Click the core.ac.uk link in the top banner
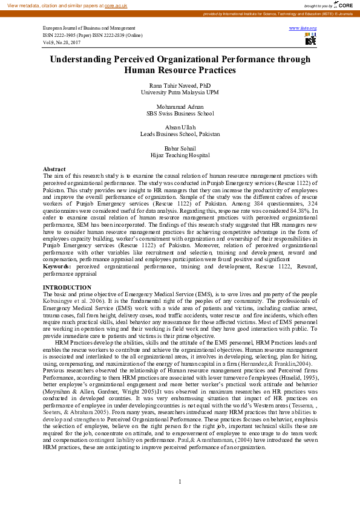tap(116, 5)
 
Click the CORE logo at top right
tap(343, 5)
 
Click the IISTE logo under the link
tap(310, 39)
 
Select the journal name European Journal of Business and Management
tap(89, 28)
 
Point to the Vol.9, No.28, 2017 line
tap(62, 43)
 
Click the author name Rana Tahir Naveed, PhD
tap(180, 86)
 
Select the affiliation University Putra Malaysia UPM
tap(180, 92)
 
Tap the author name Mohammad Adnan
tap(180, 106)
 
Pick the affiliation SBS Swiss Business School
tap(180, 113)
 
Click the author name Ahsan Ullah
tap(180, 127)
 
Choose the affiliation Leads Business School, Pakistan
tap(180, 134)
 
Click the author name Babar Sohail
tap(180, 148)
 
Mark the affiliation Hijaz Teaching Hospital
tap(180, 155)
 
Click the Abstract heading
tap(54, 169)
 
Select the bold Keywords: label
tap(58, 266)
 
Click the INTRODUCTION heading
tap(67, 287)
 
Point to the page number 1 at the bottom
tap(180, 481)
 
